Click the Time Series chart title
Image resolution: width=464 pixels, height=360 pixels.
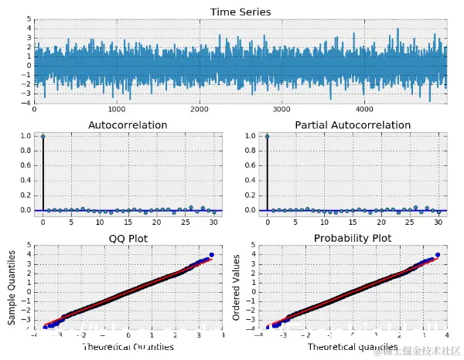tap(241, 12)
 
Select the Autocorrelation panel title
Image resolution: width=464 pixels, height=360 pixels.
tap(128, 124)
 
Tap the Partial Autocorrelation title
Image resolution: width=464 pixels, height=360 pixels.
tap(353, 124)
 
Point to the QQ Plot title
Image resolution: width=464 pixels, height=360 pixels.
tap(128, 238)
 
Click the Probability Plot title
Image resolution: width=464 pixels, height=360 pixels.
tap(353, 238)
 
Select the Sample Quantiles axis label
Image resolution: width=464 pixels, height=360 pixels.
tap(13, 287)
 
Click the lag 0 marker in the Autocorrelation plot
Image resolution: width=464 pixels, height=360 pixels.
tap(43, 137)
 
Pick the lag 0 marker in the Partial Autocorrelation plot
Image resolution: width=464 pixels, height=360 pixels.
tap(268, 137)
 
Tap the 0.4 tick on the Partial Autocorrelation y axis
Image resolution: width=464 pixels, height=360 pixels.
tap(249, 181)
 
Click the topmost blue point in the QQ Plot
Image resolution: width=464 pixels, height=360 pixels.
tap(211, 255)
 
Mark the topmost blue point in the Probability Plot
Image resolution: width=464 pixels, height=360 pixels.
tap(437, 255)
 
